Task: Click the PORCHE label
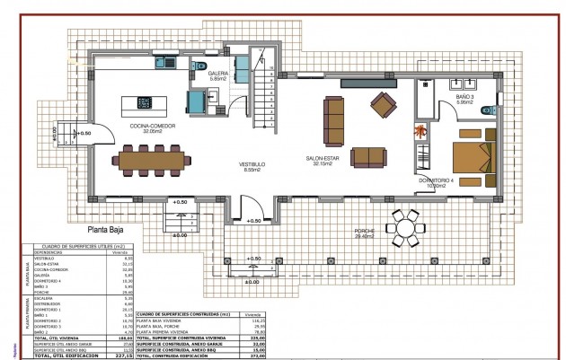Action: click(365, 232)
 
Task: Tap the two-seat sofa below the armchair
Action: click(369, 157)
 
